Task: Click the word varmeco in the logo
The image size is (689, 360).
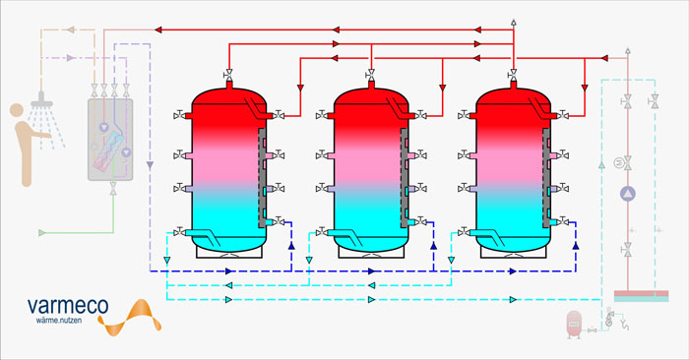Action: (x=68, y=306)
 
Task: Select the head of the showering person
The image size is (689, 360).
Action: (x=17, y=110)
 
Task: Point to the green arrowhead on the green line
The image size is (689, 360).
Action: (x=42, y=233)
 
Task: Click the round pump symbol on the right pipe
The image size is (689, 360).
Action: (x=628, y=194)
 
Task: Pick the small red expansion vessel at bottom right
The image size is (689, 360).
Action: (x=574, y=325)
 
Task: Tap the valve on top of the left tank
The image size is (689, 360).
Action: (x=228, y=74)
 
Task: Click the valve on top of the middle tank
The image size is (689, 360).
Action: (x=371, y=74)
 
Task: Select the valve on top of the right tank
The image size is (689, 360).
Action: (x=513, y=74)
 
